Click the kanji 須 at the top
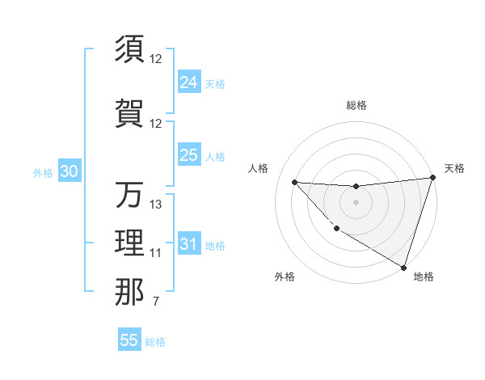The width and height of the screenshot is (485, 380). (x=129, y=49)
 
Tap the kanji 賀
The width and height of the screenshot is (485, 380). (x=129, y=113)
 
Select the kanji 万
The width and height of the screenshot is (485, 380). (x=129, y=195)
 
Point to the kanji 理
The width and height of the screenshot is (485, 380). (x=129, y=243)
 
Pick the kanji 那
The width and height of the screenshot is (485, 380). (x=129, y=291)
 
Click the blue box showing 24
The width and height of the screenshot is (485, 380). (x=189, y=82)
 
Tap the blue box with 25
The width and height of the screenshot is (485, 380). (x=189, y=155)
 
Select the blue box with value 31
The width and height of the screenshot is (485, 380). (x=189, y=244)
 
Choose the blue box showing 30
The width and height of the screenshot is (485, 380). (x=70, y=171)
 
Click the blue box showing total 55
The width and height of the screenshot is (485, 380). (x=129, y=340)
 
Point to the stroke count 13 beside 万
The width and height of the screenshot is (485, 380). (x=156, y=205)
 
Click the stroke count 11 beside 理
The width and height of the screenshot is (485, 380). (x=156, y=253)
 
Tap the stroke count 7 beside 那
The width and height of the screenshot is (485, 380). (x=155, y=302)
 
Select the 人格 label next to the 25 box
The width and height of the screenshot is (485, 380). (x=216, y=156)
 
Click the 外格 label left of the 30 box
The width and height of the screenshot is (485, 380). (x=43, y=172)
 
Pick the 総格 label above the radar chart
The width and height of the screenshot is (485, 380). (x=356, y=105)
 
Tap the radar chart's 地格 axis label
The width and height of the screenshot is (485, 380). (x=424, y=277)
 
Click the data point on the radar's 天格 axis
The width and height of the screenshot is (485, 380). (x=433, y=178)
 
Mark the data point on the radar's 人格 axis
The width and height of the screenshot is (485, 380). (x=294, y=182)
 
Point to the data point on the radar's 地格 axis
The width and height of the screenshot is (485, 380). (x=403, y=267)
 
